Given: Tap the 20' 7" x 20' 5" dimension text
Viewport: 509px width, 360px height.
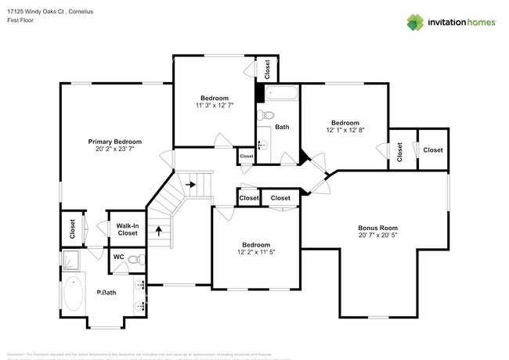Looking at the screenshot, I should coord(378,235).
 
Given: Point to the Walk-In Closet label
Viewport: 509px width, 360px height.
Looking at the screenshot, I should coord(127,229).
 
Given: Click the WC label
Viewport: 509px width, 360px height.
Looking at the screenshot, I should coord(118,257).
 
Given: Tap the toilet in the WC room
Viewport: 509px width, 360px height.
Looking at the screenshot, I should coord(135,257).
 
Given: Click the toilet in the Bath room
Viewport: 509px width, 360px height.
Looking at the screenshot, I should coord(265,117).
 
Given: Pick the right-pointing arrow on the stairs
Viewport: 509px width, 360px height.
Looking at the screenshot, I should coord(190,185).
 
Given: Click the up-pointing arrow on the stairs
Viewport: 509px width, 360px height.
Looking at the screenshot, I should coord(159,231).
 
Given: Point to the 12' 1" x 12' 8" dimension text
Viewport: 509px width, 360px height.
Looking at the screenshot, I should coord(345,131).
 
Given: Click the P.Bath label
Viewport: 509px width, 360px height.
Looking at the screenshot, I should coord(106,293).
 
